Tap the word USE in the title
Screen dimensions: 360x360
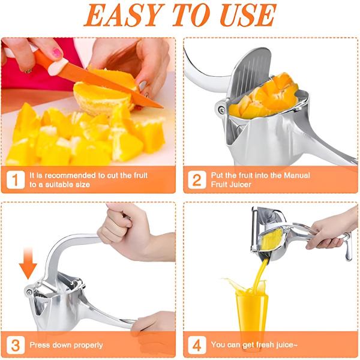pyautogui.click(x=248, y=15)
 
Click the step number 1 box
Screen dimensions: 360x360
pyautogui.click(x=16, y=180)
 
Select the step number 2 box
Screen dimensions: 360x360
pyautogui.click(x=197, y=180)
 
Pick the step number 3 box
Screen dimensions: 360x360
pyautogui.click(x=16, y=345)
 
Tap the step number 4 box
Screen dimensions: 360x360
pyautogui.click(x=197, y=345)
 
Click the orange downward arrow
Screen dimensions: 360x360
pyautogui.click(x=28, y=263)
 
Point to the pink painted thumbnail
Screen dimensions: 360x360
pyautogui.click(x=56, y=53)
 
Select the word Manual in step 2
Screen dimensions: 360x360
pyautogui.click(x=297, y=175)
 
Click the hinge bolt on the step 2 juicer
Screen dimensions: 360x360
pyautogui.click(x=221, y=110)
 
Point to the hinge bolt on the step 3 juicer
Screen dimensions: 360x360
pyautogui.click(x=29, y=292)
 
